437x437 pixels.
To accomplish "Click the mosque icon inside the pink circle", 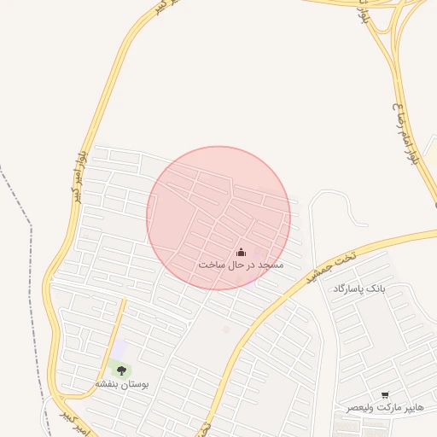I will pos(241,252).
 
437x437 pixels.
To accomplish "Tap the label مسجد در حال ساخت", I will pos(241,265).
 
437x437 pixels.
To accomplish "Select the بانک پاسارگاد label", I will pos(359,289).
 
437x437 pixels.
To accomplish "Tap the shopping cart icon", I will pos(385,395).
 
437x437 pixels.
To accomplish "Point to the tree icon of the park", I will pos(121,370).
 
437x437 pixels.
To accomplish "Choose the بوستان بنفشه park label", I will pos(121,385).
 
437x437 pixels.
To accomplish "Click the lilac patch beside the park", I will pos(120,349).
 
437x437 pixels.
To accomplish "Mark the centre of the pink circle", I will pos(218,218).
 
